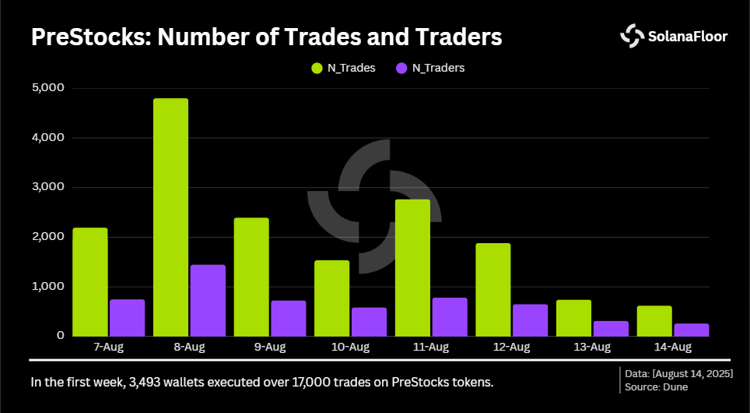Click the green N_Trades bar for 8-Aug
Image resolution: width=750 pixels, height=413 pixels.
tap(170, 217)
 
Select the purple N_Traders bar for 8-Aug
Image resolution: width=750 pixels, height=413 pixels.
tap(208, 301)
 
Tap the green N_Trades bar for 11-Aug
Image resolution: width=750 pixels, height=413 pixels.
tap(412, 268)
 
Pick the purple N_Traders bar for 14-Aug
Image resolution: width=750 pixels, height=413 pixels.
tap(692, 330)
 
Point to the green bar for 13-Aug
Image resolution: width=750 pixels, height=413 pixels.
tap(573, 318)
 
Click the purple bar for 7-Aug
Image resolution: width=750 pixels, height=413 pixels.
tap(127, 318)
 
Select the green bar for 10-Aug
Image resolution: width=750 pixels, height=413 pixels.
tap(331, 298)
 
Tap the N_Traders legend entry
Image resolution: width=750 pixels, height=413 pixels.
tap(430, 68)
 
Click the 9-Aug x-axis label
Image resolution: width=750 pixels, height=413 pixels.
tap(269, 347)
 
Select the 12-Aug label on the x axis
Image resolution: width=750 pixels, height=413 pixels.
tap(511, 347)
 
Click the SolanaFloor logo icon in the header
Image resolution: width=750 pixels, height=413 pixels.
tap(631, 35)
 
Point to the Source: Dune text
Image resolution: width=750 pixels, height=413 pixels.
tap(657, 387)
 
